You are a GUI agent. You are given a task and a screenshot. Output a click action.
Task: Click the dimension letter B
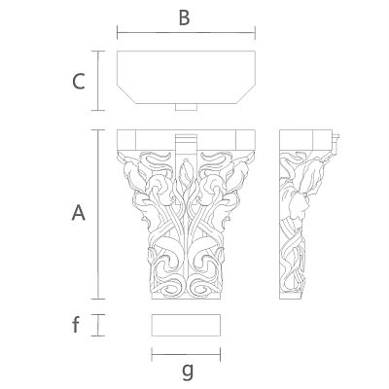coord(184,18)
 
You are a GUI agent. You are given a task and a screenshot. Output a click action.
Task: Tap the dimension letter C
coord(79,82)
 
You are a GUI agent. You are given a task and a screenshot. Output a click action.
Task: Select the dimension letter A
coord(79,213)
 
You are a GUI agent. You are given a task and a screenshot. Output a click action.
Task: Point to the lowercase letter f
coord(76,325)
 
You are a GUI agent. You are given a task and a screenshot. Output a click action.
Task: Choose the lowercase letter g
coord(188,371)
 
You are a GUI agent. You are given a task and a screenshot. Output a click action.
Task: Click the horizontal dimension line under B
coord(186,33)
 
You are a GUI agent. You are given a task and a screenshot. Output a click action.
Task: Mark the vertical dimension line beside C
coord(98,81)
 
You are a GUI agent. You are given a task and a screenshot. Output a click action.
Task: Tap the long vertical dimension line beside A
coord(98,214)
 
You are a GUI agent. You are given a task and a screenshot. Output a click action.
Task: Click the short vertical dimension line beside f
coord(98,325)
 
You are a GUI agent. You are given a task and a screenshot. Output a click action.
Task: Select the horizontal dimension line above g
coord(186,354)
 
